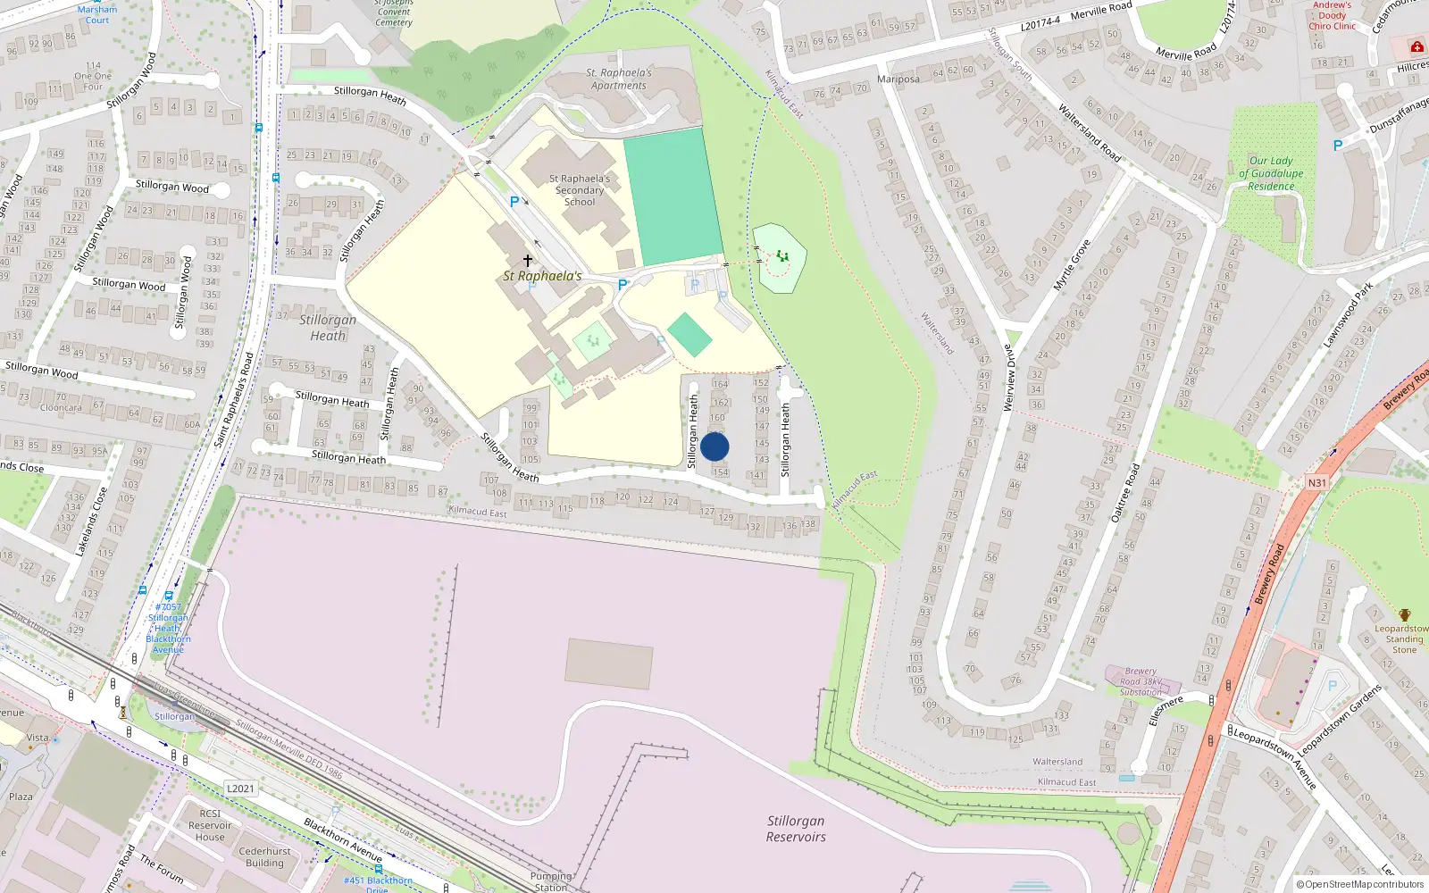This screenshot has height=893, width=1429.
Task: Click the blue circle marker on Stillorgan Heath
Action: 714,446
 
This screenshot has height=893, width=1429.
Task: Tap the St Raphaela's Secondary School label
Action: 581,190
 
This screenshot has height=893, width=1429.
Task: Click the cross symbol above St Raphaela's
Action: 528,261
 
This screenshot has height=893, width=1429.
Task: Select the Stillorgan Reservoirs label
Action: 796,829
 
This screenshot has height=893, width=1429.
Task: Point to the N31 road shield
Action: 1317,483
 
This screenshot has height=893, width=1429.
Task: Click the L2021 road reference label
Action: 240,789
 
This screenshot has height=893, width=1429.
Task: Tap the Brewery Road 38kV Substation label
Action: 1141,681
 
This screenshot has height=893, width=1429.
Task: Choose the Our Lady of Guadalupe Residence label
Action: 1271,173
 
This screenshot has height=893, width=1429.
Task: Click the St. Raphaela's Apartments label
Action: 619,79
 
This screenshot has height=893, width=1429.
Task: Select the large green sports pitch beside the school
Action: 673,196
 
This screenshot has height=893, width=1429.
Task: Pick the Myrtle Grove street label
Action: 1071,265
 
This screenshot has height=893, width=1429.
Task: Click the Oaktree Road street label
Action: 1125,493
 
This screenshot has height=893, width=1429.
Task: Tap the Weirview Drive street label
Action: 1009,378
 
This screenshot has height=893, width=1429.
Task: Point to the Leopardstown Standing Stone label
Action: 1404,638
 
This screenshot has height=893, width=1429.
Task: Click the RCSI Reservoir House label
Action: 210,825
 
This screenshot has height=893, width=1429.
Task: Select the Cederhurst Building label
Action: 264,857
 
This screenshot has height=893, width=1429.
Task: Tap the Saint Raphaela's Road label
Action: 234,400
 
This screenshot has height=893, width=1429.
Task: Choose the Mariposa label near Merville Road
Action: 898,79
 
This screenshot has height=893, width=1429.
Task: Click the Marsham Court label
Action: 97,14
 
